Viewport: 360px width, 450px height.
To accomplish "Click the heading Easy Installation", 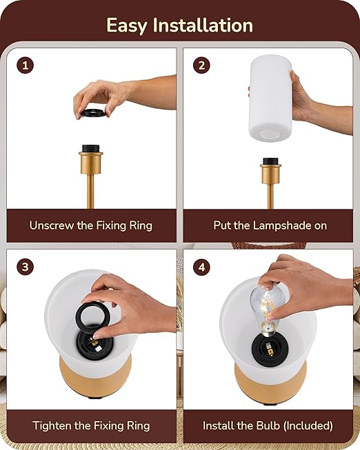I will tap(179, 25).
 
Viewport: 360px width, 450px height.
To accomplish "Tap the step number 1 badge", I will tap(26, 65).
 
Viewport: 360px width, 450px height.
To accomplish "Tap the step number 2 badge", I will tap(201, 65).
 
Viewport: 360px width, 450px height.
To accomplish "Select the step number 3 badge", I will tap(26, 267).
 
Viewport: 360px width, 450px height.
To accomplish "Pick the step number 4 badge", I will tap(201, 267).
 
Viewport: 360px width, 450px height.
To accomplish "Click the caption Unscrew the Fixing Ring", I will tap(90, 225).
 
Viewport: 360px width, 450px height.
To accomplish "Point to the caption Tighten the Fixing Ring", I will tap(90, 425).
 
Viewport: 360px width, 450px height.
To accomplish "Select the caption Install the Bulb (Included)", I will tap(268, 425).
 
